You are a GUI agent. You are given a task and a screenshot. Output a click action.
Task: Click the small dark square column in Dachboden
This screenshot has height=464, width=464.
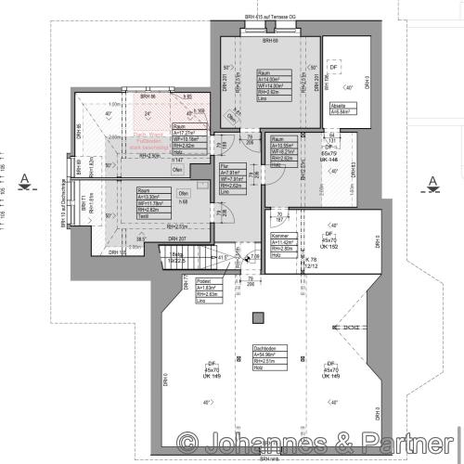[x=258, y=321]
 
